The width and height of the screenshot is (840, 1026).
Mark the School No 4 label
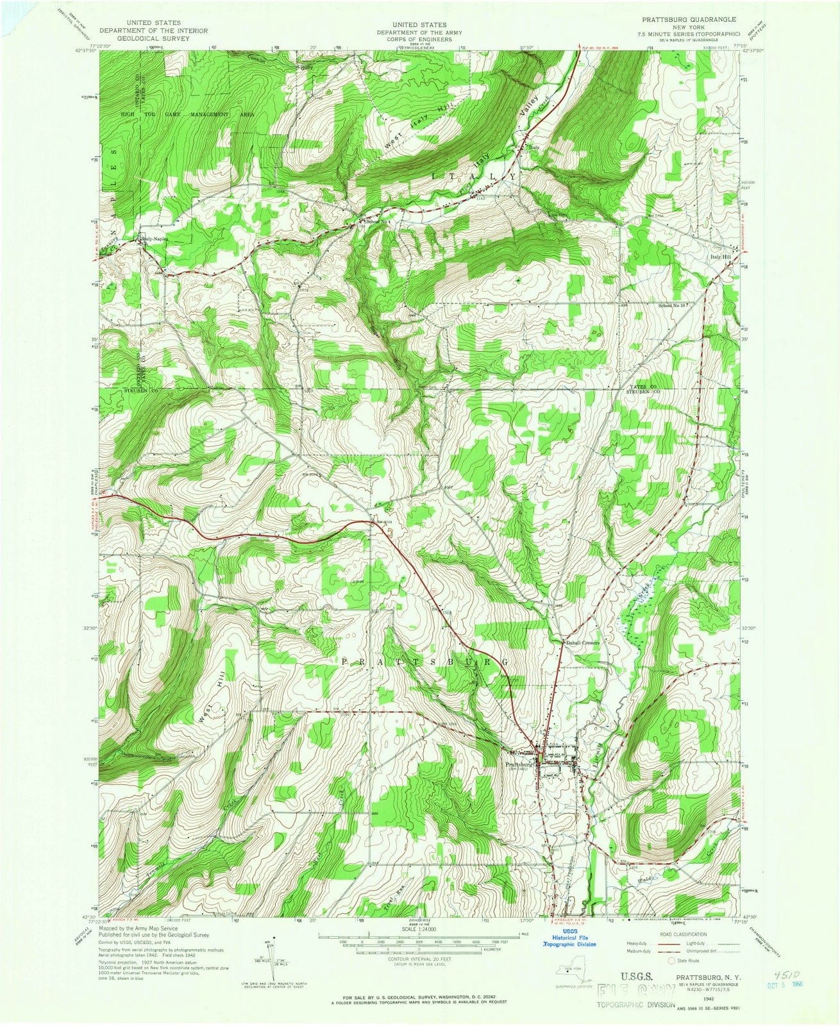point(378,223)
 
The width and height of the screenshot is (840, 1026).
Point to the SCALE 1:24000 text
point(417,929)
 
